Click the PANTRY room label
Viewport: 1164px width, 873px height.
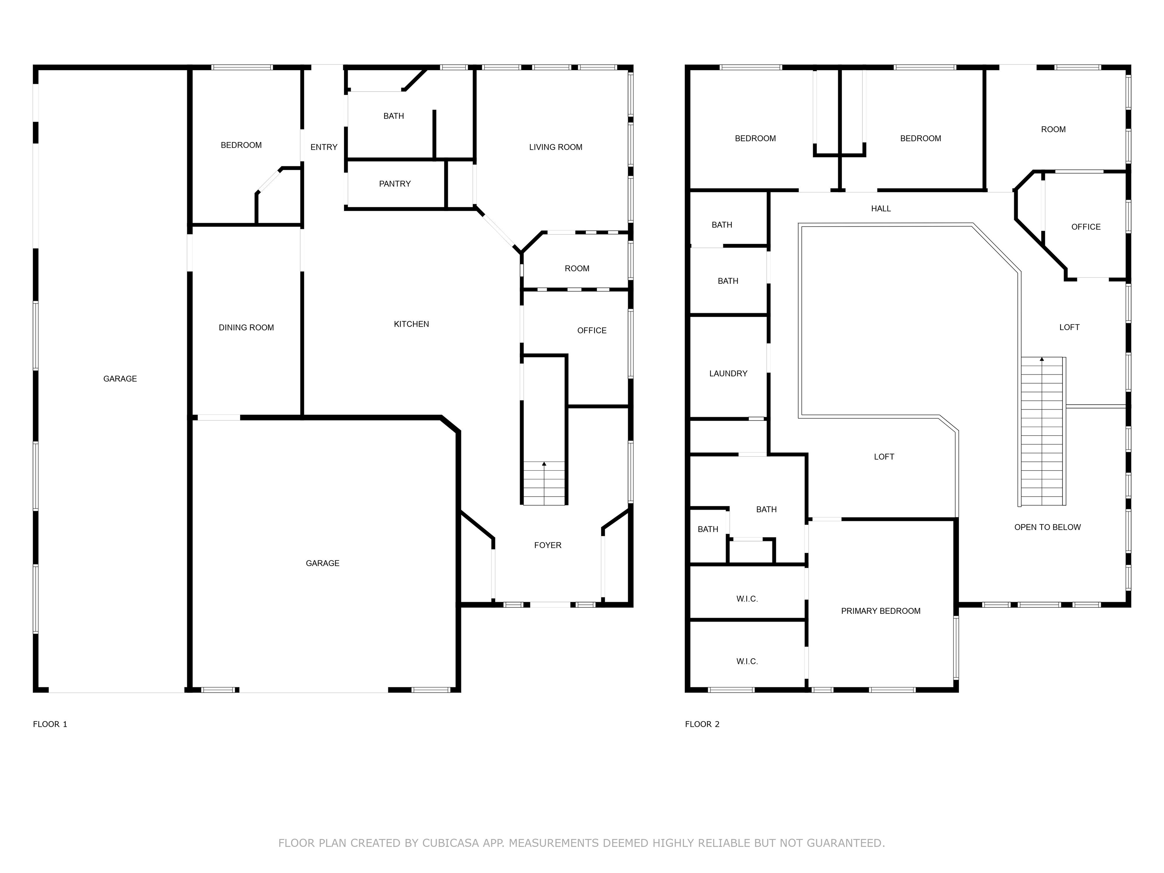pos(395,184)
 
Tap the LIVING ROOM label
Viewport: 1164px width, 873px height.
pos(556,147)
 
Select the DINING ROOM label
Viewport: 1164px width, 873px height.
pos(246,328)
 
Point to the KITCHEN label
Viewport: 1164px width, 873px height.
pos(411,324)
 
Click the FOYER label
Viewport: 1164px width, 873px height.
pos(548,545)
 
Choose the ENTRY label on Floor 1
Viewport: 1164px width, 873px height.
pos(324,147)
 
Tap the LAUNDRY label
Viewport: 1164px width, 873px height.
pos(728,374)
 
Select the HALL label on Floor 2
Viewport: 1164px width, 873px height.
pos(881,209)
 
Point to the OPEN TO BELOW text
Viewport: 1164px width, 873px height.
pos(1048,527)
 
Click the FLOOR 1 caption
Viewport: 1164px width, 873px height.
pos(50,724)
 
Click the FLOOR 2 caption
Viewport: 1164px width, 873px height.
pos(702,724)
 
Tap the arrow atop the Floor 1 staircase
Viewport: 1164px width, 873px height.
pos(544,464)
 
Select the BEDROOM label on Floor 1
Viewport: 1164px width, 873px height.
pos(241,145)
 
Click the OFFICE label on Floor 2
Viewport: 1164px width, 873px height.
pos(1086,227)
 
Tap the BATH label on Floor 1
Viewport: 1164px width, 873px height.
pos(394,116)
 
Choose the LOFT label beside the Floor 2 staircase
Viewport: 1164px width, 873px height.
pos(1069,327)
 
